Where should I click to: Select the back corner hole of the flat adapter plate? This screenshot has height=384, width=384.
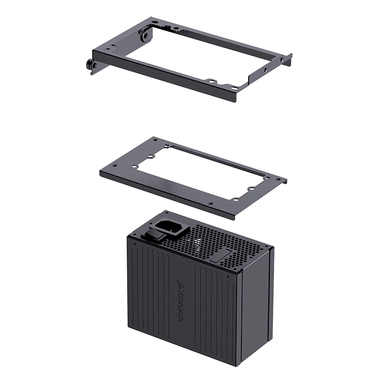tap(155, 139)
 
